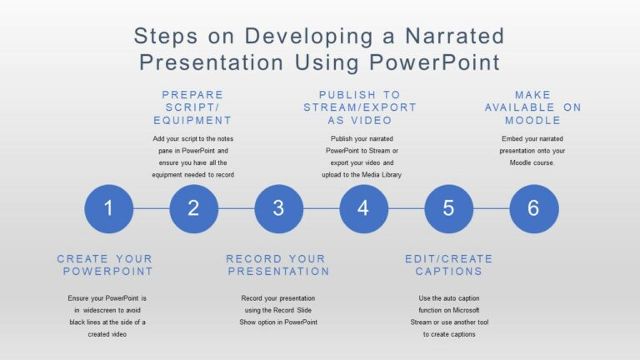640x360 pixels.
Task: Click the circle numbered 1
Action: pyautogui.click(x=109, y=209)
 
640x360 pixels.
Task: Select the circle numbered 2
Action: pyautogui.click(x=194, y=209)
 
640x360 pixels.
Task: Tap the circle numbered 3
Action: pyautogui.click(x=279, y=209)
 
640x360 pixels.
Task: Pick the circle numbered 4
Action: pyautogui.click(x=363, y=209)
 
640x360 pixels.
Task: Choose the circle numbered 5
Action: pyautogui.click(x=449, y=209)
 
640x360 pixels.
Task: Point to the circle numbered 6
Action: pyautogui.click(x=534, y=209)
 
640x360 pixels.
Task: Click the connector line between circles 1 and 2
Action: pyautogui.click(x=152, y=209)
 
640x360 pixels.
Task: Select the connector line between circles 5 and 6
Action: pyautogui.click(x=492, y=209)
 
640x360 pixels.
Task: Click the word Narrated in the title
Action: pyautogui.click(x=455, y=36)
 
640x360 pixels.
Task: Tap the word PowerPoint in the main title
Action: pyautogui.click(x=434, y=62)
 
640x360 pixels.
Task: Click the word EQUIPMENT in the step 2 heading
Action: pyautogui.click(x=192, y=120)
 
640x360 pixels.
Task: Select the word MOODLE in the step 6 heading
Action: pyautogui.click(x=532, y=120)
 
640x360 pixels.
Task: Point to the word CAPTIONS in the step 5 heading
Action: pyautogui.click(x=449, y=272)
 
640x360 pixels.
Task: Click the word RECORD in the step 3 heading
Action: pyautogui.click(x=253, y=259)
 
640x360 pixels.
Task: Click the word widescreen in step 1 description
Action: pyautogui.click(x=100, y=310)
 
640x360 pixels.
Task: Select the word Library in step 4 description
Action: pyautogui.click(x=392, y=175)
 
